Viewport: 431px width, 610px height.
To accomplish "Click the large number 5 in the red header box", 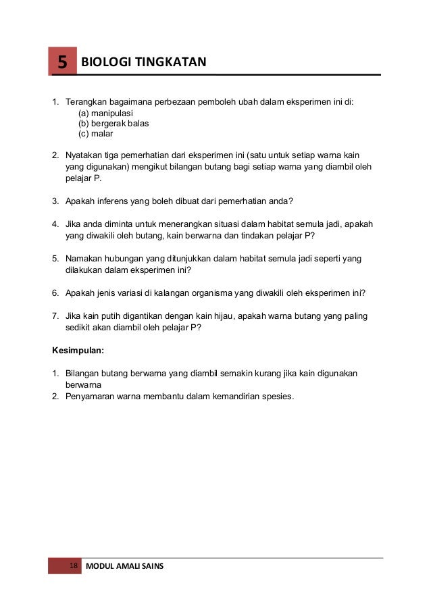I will click(x=61, y=63).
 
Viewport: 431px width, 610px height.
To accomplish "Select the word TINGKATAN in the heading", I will click(x=168, y=63).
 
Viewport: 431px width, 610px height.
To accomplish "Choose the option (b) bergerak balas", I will click(x=113, y=124).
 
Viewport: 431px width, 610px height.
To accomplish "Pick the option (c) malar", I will click(x=96, y=134).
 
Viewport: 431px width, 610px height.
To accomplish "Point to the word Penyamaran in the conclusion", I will click(x=91, y=396).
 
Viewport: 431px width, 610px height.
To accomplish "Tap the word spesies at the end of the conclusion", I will click(x=276, y=396).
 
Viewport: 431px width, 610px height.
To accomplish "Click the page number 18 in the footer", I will click(x=74, y=565).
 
